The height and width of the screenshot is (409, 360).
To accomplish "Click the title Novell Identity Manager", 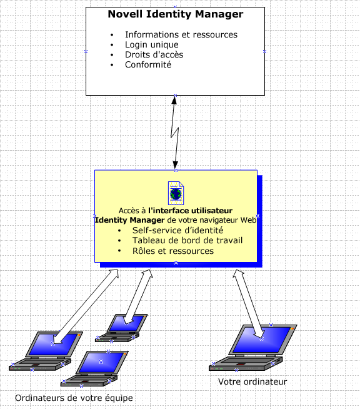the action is [176, 14].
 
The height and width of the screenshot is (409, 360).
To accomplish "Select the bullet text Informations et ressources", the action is [181, 34].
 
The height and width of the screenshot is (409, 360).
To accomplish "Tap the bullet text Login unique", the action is [152, 45].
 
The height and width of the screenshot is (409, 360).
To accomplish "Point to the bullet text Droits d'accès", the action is [154, 55].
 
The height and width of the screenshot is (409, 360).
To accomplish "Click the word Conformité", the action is [148, 64].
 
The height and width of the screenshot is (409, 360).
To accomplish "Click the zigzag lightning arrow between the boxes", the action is [174, 133].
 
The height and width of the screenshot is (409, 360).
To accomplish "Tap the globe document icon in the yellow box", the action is [176, 193].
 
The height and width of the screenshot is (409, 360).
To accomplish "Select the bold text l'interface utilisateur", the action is [190, 211].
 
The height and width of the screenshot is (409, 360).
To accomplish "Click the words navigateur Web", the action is [228, 220].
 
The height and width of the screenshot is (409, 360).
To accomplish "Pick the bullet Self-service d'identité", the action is [177, 230].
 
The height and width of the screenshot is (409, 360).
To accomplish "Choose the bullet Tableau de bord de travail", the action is [187, 240].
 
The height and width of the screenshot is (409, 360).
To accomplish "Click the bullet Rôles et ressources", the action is [173, 251].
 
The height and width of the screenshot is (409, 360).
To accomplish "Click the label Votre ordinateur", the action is [252, 381].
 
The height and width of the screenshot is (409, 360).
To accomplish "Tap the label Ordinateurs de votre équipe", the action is [74, 398].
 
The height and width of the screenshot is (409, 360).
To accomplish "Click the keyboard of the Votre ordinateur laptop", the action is [246, 363].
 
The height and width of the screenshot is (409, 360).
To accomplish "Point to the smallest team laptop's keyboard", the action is [117, 337].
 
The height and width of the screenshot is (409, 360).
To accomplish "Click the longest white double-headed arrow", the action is [86, 306].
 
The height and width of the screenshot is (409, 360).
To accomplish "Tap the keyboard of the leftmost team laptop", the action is [40, 364].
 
